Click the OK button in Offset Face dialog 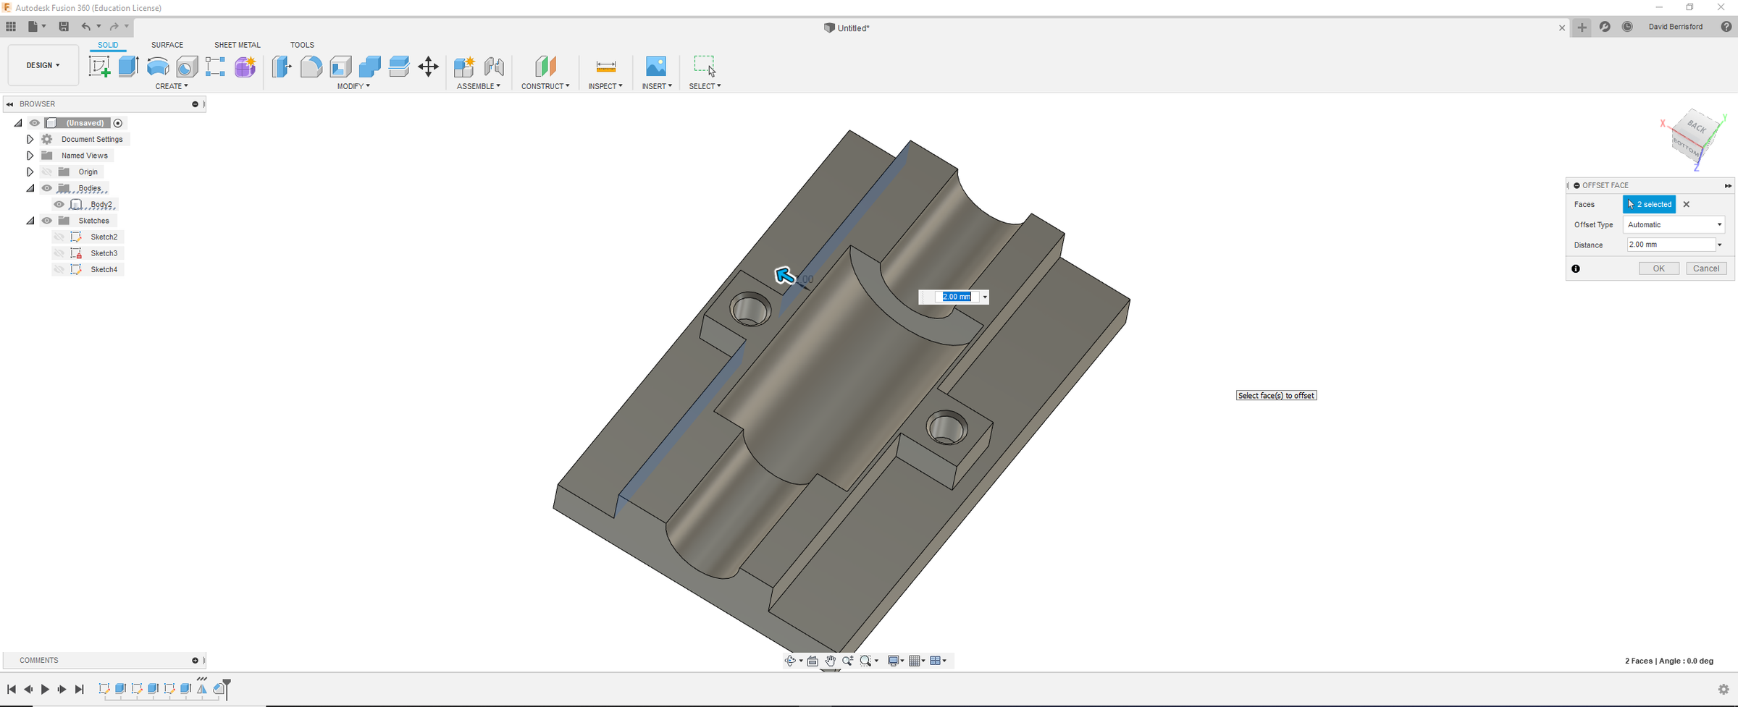point(1658,268)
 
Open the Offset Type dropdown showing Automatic point(1674,224)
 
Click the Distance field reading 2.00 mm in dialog point(1670,245)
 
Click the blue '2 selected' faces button point(1649,204)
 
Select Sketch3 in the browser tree point(104,253)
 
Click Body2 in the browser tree point(101,204)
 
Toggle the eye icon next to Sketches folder point(47,221)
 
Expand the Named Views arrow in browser point(30,156)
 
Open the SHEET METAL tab point(237,45)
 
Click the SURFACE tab point(167,45)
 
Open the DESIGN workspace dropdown point(43,65)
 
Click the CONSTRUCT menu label point(545,86)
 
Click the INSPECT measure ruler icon point(605,67)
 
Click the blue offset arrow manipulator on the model point(784,275)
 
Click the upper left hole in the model point(750,310)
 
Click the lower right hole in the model point(946,427)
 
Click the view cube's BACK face point(1697,127)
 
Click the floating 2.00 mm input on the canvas point(956,297)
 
